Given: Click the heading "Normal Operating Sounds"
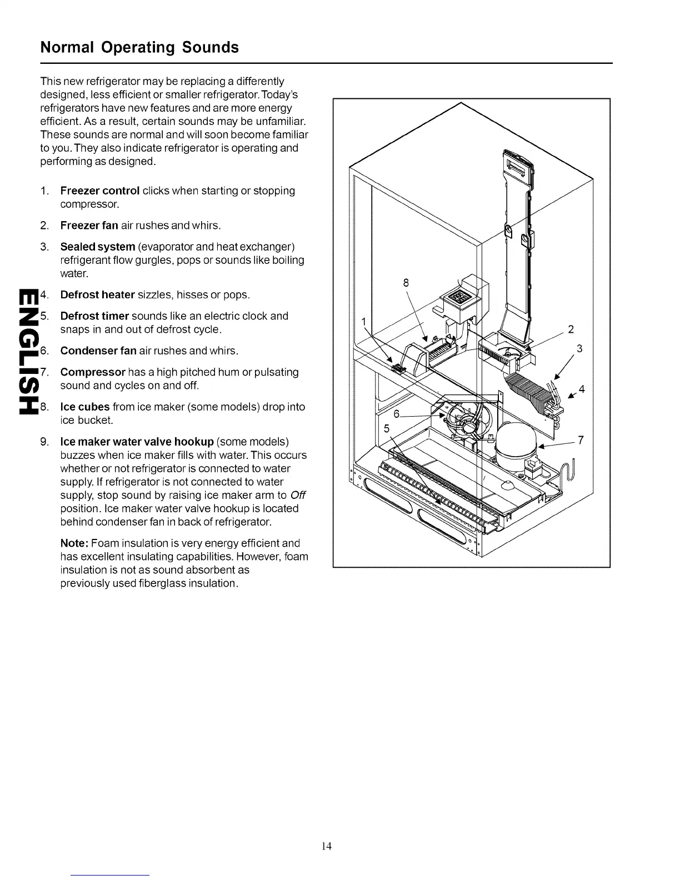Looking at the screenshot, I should (x=139, y=47).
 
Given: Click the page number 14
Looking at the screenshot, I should (x=327, y=846).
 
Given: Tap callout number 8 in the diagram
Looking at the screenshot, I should (x=406, y=282).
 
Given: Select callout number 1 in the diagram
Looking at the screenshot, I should (x=364, y=322).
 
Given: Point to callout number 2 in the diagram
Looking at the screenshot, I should (x=571, y=329).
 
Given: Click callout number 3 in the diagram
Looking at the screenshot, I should (x=579, y=349).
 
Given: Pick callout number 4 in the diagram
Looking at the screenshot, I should (x=582, y=389).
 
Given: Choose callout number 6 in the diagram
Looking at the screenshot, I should (x=397, y=414).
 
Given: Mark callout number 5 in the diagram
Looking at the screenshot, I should (x=387, y=429).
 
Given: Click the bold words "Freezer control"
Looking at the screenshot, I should (x=100, y=191).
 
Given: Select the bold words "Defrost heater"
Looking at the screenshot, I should (x=98, y=294).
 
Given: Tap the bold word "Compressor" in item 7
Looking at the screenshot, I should (x=93, y=372).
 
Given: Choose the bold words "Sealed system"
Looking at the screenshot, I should (x=98, y=246).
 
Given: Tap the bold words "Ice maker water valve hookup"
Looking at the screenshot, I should (x=137, y=442).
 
